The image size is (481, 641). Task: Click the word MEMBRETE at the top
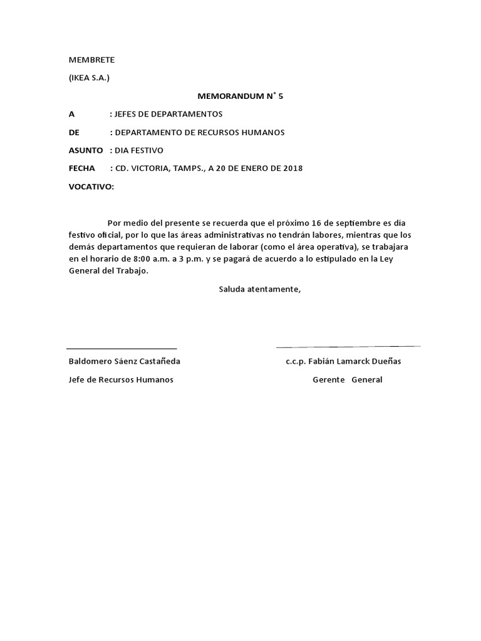(91, 60)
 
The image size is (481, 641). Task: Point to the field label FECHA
(81, 168)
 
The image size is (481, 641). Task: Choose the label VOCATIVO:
(91, 187)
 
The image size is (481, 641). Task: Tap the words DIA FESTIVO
(138, 151)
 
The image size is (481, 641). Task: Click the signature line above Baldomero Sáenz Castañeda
(122, 348)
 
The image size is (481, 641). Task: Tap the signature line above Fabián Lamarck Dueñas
(348, 346)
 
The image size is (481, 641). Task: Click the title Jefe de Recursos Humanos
(121, 380)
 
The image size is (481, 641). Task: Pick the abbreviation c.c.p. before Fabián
(296, 362)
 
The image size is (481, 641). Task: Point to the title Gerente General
(347, 380)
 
